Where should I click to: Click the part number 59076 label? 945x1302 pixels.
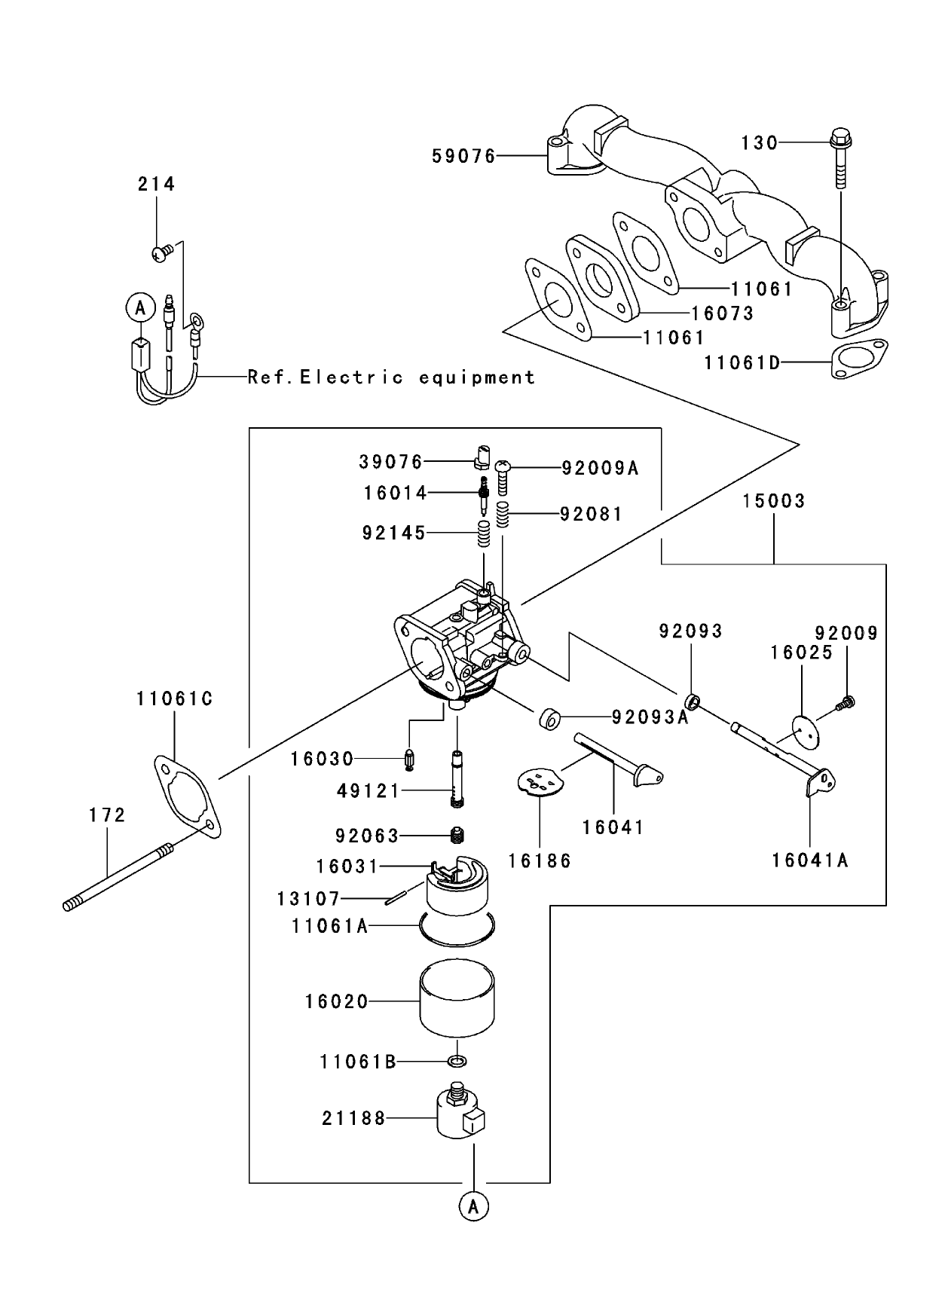pyautogui.click(x=463, y=156)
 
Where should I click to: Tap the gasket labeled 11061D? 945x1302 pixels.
pyautogui.click(x=859, y=360)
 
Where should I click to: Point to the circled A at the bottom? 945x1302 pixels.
pyautogui.click(x=473, y=1206)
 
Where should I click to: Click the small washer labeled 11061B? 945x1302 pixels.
pyautogui.click(x=457, y=1062)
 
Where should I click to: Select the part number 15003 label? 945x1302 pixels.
pyautogui.click(x=774, y=501)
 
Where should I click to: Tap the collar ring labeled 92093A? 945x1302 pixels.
pyautogui.click(x=549, y=719)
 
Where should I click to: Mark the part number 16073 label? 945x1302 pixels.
pyautogui.click(x=723, y=313)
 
